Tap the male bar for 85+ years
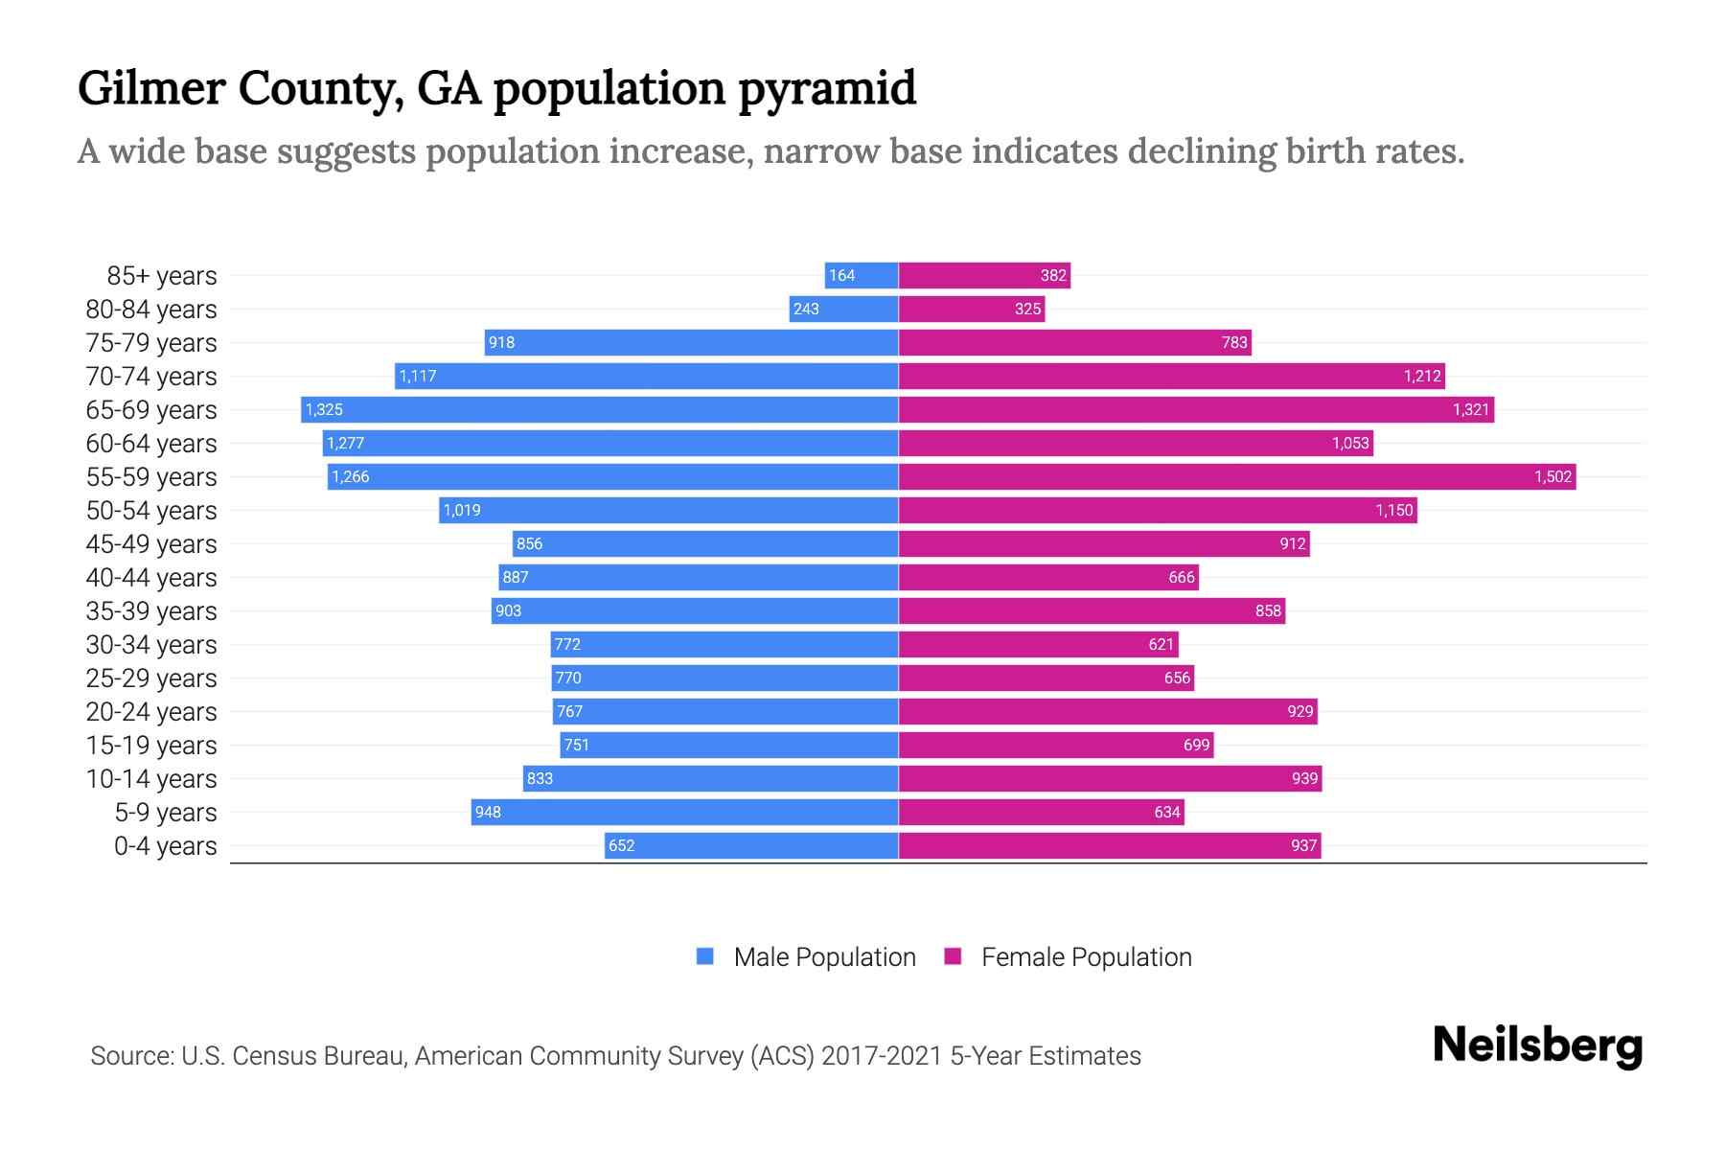862,276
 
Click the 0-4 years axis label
165,846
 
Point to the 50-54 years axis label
151,511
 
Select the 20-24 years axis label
151,712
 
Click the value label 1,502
1552,477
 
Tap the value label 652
621,846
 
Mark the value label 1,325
324,410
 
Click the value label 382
1053,276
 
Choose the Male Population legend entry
824,957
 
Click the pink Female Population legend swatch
953,956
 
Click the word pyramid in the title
827,89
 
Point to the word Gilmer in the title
150,87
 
